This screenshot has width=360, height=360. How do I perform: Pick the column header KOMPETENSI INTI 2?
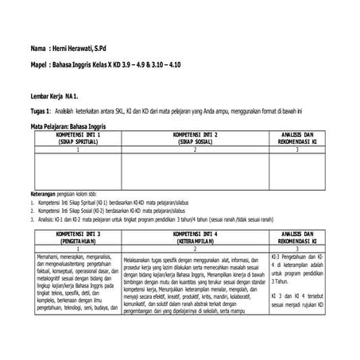tap(189, 135)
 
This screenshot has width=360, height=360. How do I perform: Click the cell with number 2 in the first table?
tap(189, 149)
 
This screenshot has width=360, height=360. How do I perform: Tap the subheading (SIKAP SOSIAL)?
tap(189, 141)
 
